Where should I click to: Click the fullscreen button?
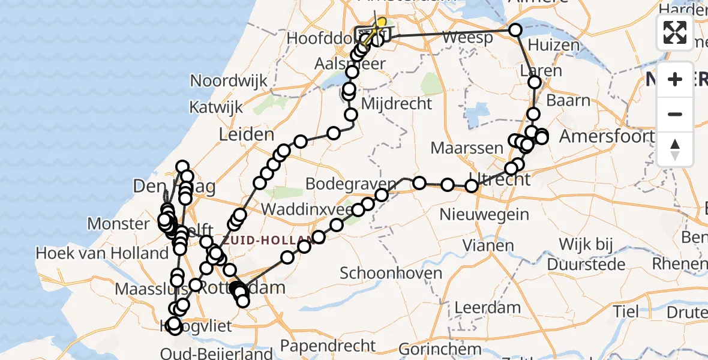click(675, 32)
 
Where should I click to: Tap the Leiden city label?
click(246, 134)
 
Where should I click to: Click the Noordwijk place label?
click(229, 80)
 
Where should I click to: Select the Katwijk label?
click(216, 107)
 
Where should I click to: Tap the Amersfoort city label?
click(606, 136)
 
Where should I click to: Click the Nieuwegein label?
click(484, 214)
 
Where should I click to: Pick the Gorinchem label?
click(440, 348)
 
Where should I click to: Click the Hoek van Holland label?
click(102, 253)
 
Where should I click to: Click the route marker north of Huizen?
click(515, 30)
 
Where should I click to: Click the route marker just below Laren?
click(535, 82)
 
